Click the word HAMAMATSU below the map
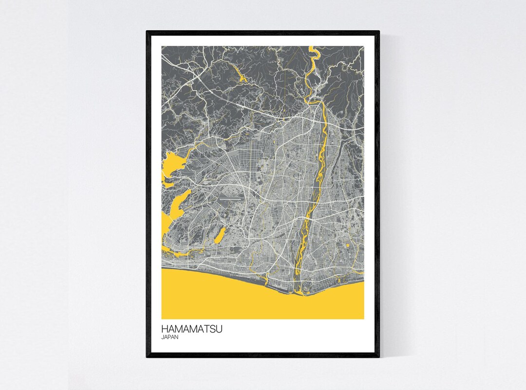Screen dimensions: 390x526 tap(192, 330)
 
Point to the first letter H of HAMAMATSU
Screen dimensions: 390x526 tap(165, 330)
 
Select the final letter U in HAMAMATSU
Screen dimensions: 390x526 tap(220, 330)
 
